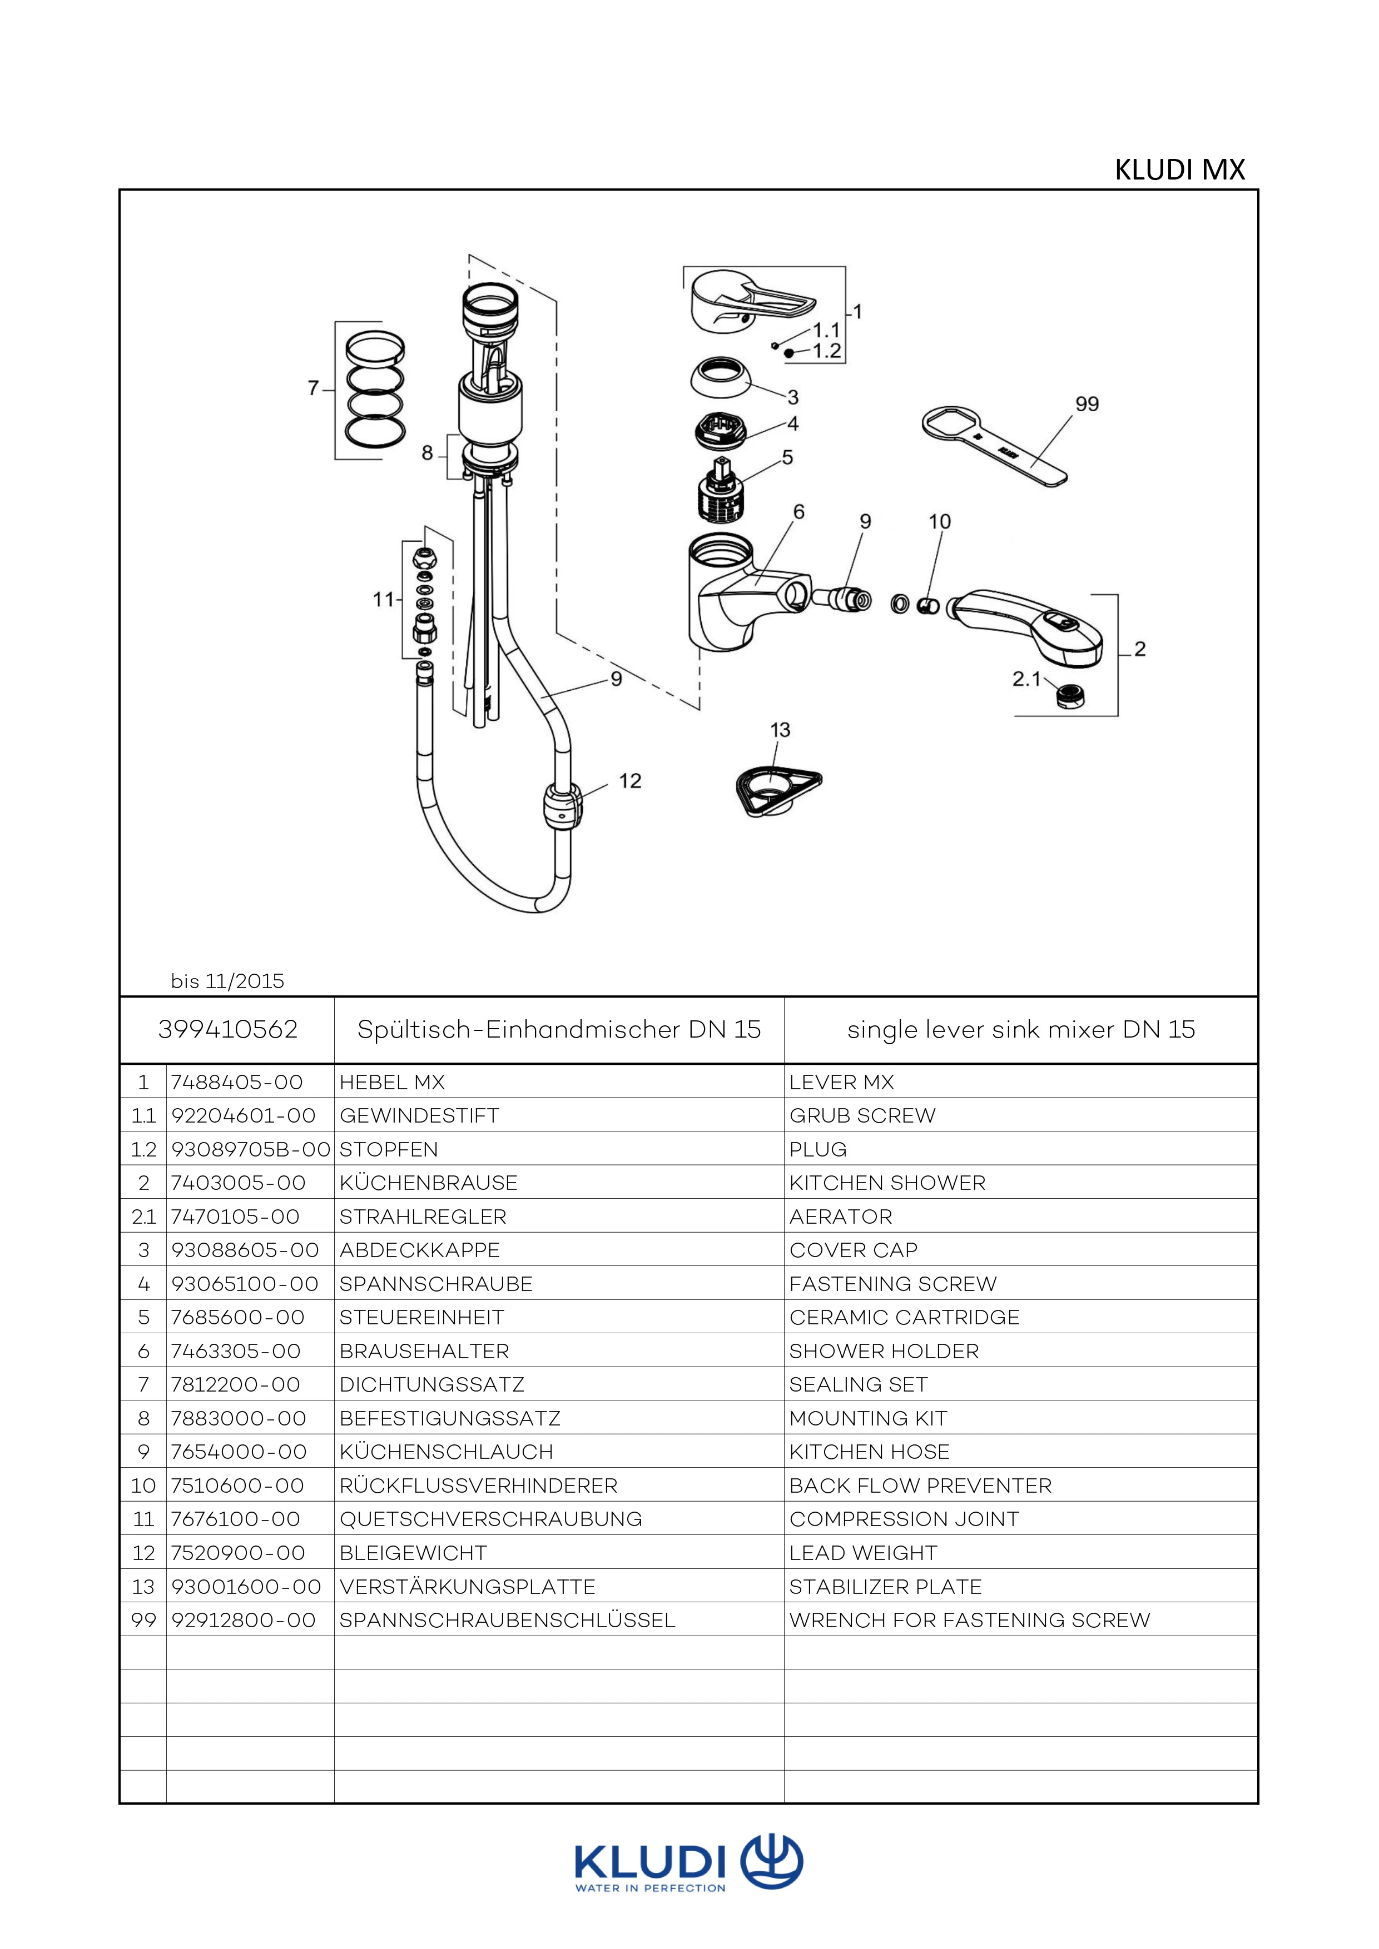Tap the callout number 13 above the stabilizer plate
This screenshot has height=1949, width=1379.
780,730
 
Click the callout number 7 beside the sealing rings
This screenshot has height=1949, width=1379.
313,388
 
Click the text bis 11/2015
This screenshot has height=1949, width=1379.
227,981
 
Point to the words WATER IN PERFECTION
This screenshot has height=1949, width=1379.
651,1889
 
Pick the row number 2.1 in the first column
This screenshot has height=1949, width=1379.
143,1217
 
